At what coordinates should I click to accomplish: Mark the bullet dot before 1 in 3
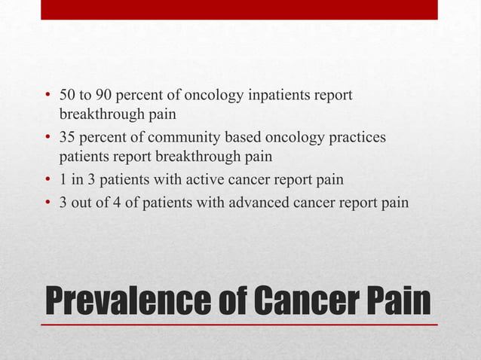pyautogui.click(x=47, y=182)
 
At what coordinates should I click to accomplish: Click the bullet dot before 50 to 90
pyautogui.click(x=47, y=96)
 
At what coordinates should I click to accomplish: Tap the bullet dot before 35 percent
pyautogui.click(x=47, y=139)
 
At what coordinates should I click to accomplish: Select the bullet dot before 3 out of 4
pyautogui.click(x=47, y=203)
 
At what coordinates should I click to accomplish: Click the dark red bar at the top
pyautogui.click(x=239, y=10)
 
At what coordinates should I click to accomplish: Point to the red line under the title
pyautogui.click(x=239, y=324)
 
